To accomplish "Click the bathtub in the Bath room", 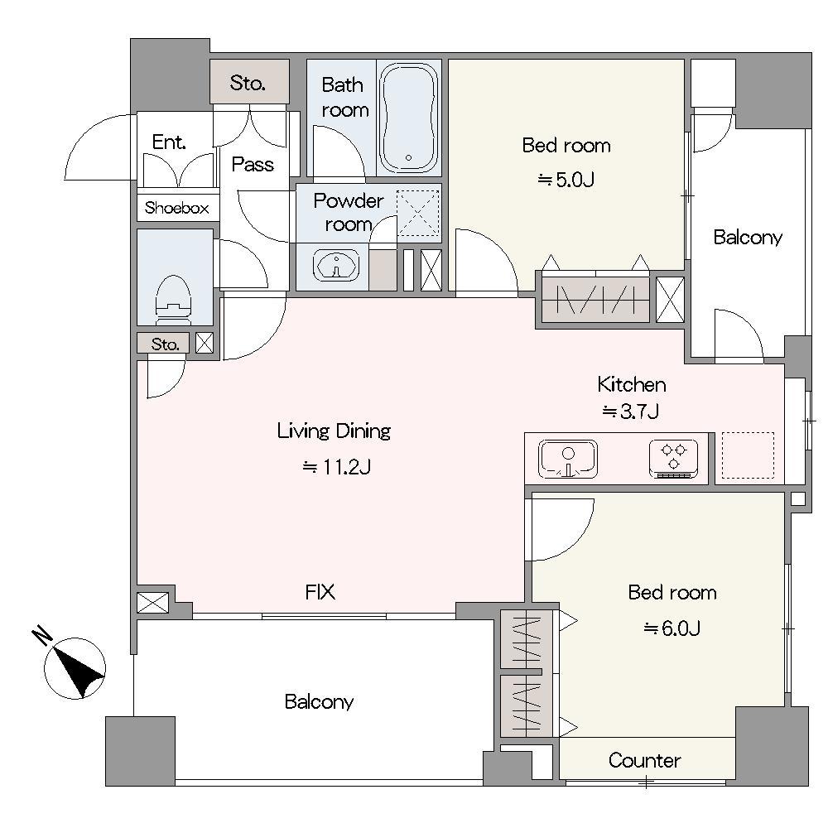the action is [409, 118].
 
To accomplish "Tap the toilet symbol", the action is [172, 299].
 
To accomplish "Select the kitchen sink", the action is [568, 459].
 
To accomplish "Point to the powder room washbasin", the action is [336, 265].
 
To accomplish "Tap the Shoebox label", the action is [177, 208].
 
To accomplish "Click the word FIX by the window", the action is [320, 592].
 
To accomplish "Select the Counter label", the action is [644, 760].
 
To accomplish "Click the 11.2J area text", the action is [336, 467].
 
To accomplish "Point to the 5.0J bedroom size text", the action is [566, 180].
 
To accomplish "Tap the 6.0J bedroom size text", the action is [672, 628].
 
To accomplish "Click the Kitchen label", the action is [632, 384].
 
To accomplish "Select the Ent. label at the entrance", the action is [169, 142].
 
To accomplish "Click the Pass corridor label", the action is [253, 164].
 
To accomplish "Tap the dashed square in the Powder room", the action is [418, 213].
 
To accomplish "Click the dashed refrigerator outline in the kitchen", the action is [748, 455].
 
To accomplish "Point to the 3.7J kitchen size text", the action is [631, 412].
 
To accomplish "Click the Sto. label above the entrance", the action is [248, 83].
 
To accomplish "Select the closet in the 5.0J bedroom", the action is [595, 300].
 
